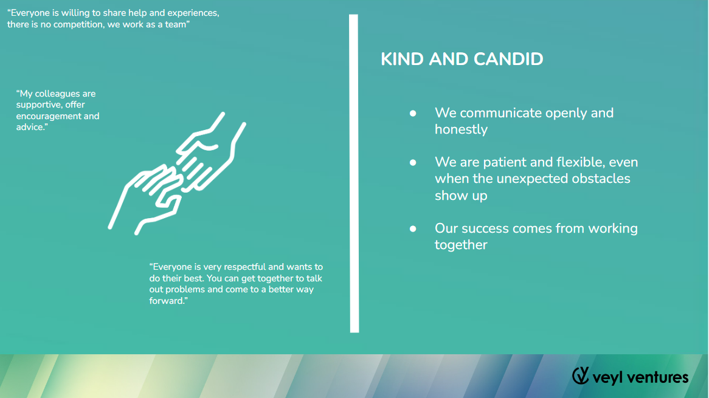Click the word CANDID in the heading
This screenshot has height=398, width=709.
511,59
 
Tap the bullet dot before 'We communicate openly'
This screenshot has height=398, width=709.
413,114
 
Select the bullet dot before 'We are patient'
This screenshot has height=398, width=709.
413,163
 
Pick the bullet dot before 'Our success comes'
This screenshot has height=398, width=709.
413,229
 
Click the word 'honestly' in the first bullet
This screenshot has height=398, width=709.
461,129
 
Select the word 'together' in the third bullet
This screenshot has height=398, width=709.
461,245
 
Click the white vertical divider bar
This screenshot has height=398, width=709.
354,173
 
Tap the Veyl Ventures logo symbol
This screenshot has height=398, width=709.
581,376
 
